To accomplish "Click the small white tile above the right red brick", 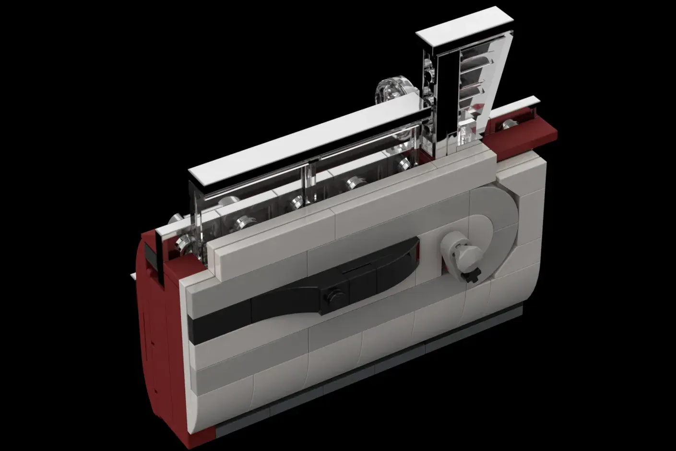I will coord(516,108).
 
